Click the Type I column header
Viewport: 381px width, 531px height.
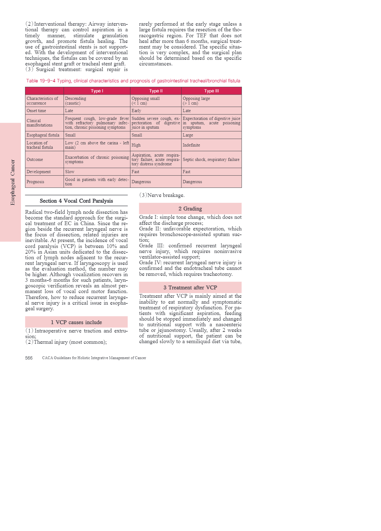tap(97, 91)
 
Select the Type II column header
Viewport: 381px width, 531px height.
tap(156, 91)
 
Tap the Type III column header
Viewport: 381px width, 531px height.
tap(211, 91)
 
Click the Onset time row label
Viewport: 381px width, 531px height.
tap(36, 111)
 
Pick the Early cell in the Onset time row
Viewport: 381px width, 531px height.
tap(136, 111)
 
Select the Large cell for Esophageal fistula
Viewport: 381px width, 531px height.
tap(188, 135)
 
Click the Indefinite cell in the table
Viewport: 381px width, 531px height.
tap(191, 145)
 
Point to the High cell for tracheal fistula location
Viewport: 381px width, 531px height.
tap(136, 145)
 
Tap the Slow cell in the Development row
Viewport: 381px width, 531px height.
tap(70, 172)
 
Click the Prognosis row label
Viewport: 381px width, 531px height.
tap(35, 182)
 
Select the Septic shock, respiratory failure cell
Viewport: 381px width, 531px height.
tap(211, 160)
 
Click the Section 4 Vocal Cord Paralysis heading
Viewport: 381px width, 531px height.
tap(76, 201)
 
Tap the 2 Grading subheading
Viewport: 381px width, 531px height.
tap(190, 209)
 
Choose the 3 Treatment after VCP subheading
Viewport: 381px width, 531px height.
tap(190, 288)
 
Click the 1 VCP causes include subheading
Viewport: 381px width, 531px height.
tap(76, 322)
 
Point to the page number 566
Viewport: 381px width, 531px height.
tap(29, 358)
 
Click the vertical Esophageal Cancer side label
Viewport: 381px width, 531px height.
tap(13, 182)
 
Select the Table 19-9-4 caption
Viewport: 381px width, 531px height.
tap(133, 81)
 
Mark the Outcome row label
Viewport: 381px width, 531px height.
tap(35, 160)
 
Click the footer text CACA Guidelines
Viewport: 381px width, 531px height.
tap(94, 358)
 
